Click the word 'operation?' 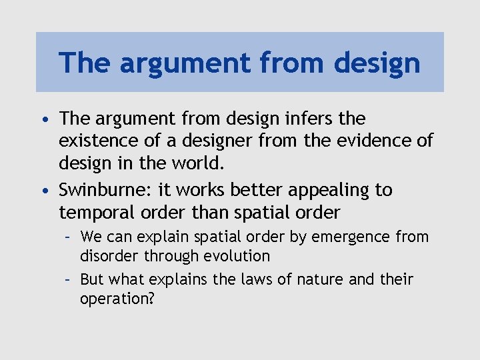click(x=117, y=299)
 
